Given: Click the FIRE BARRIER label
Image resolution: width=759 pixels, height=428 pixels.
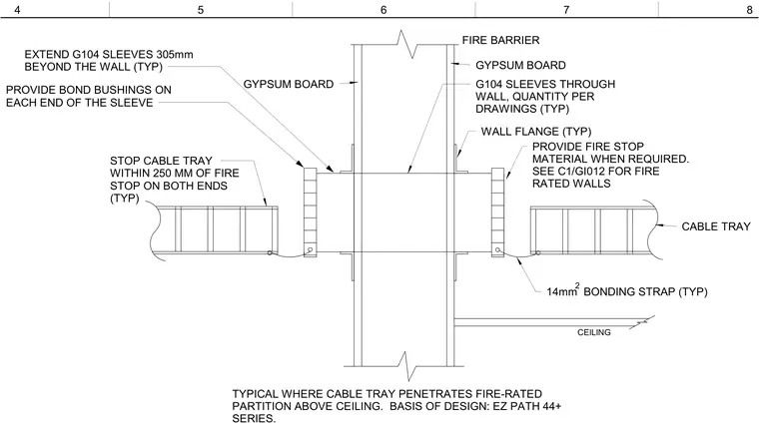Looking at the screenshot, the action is [500, 40].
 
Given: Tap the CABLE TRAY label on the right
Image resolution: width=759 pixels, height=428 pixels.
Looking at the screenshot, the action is [716, 226].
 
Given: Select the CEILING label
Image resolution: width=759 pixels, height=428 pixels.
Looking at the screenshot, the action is [594, 332].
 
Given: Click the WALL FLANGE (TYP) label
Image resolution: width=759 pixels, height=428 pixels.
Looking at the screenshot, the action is [536, 132].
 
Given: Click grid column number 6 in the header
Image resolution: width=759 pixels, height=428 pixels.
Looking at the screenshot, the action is [383, 10].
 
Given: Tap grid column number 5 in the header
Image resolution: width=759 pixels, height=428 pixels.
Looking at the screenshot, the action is [201, 10].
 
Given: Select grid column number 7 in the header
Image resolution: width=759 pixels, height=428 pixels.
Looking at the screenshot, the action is [566, 10].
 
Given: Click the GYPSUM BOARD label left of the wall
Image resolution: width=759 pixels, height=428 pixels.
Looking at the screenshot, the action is [289, 84].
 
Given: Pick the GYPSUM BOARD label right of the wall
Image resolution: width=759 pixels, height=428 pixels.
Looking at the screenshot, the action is [520, 65].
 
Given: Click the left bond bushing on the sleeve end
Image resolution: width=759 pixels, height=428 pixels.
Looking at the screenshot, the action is [310, 213].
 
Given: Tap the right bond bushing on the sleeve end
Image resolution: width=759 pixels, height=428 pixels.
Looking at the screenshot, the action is [497, 213].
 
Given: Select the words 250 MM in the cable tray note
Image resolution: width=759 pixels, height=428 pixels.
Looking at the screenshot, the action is [174, 174].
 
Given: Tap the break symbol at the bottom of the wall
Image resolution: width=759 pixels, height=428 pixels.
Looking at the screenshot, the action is [405, 366].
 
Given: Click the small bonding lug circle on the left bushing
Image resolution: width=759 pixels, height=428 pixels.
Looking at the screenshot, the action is [310, 250].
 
